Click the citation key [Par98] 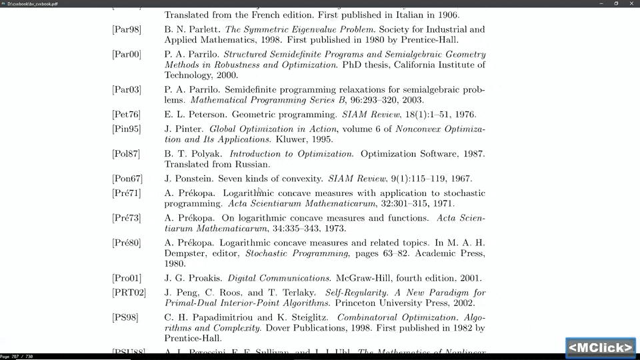tap(126, 29)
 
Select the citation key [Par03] tap(126, 89)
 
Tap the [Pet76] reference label tap(126, 115)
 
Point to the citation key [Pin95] tap(126, 129)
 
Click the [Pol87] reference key tap(126, 153)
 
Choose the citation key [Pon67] tap(127, 179)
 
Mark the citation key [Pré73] tap(126, 218)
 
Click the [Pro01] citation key tap(126, 278)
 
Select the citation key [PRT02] tap(129, 293)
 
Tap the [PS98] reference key tap(125, 317)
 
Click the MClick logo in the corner tap(600, 347)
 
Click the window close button tap(630, 3)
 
